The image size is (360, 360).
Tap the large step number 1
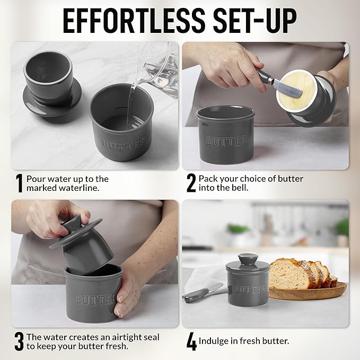(x=19, y=183)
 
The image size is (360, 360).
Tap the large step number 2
(x=191, y=183)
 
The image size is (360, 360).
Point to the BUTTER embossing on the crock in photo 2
(x=226, y=141)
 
